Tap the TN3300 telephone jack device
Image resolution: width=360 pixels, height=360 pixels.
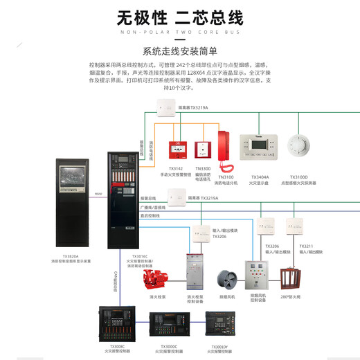tap(202, 150)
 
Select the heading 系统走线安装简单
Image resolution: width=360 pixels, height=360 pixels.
tap(179, 51)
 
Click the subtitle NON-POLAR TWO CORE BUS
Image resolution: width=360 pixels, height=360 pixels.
tap(179, 32)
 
